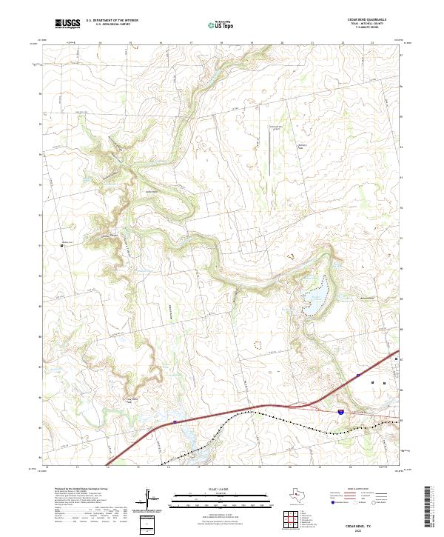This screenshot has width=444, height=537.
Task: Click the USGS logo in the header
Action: tap(68, 24)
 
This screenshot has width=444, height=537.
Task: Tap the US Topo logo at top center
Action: tap(218, 25)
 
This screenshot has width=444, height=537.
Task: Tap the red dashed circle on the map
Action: tap(258, 344)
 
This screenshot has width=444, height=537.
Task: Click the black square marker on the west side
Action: tap(61, 244)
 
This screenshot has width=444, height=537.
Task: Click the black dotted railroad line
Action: tap(296, 426)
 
